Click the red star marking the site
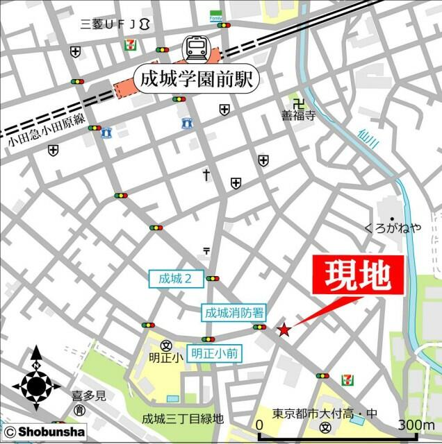point(284,330)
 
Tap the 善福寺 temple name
point(297,116)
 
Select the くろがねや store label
point(393,228)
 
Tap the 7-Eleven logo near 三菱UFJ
point(129,43)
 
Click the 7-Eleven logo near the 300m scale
point(346,379)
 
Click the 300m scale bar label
point(416,425)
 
